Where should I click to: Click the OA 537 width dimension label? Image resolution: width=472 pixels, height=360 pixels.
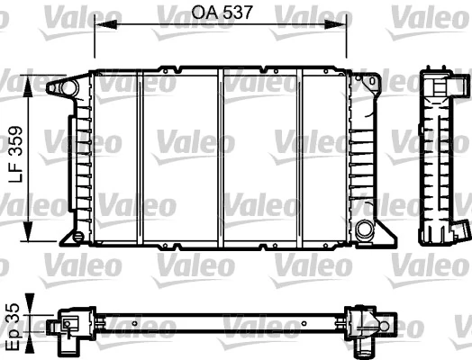coord(221,13)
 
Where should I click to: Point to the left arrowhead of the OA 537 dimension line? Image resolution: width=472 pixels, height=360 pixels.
coord(100,25)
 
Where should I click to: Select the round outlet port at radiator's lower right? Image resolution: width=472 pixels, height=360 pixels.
coord(364,229)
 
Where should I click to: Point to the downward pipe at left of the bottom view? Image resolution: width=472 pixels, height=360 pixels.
coord(67,342)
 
